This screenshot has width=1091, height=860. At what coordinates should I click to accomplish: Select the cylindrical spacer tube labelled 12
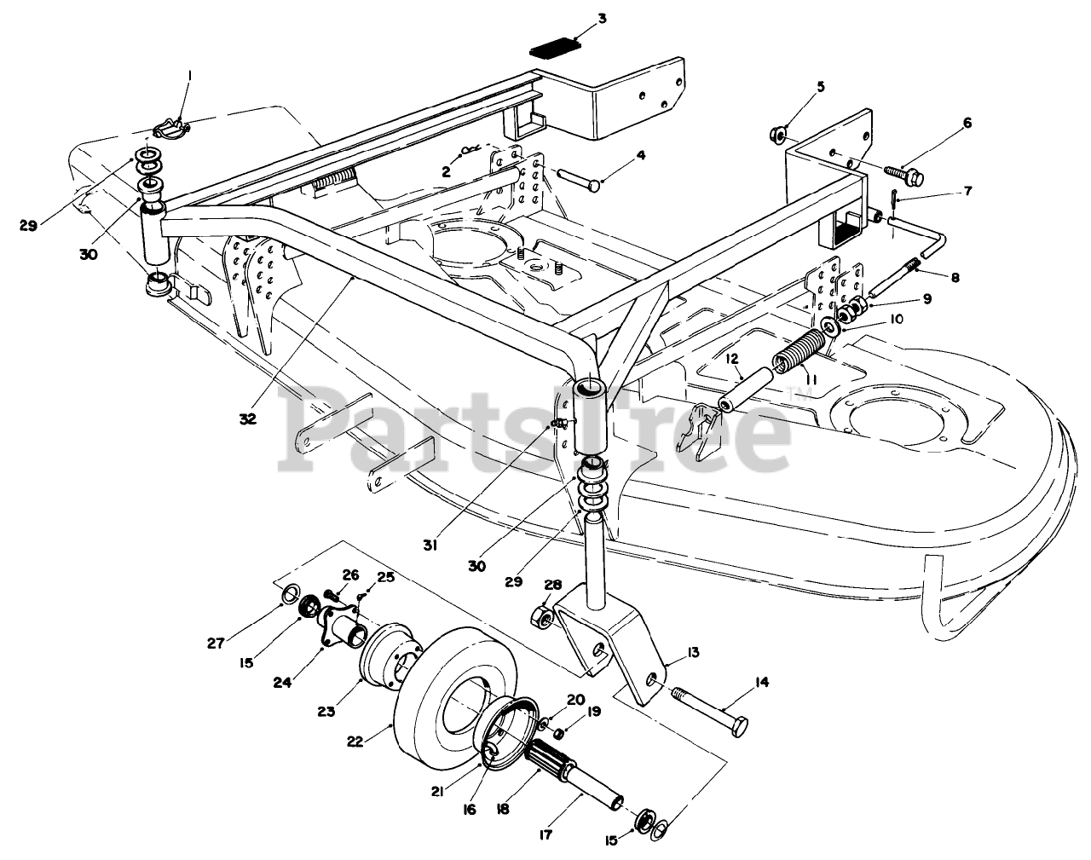tap(751, 388)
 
